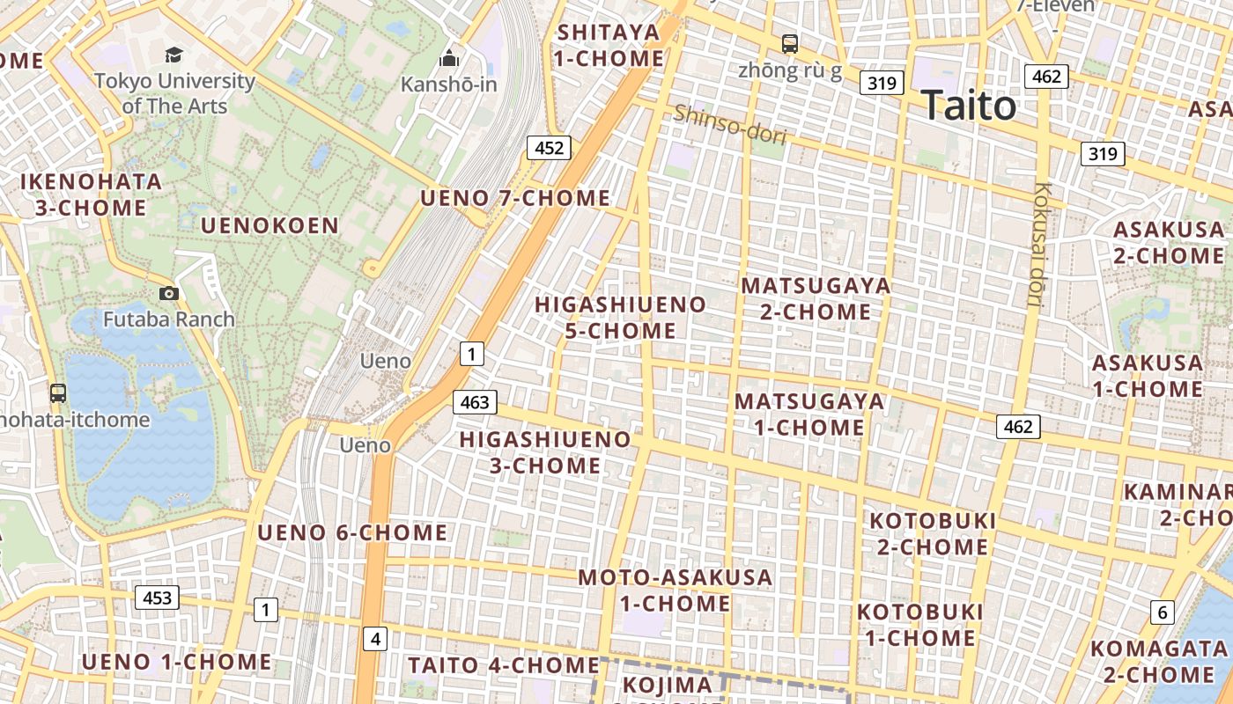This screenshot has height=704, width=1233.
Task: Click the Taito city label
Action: pyautogui.click(x=969, y=106)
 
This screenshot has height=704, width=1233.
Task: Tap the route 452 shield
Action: pyautogui.click(x=549, y=148)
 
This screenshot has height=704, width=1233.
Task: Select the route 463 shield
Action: pyautogui.click(x=475, y=402)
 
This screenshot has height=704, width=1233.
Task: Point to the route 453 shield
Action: pyautogui.click(x=158, y=598)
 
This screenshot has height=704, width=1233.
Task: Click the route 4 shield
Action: pyautogui.click(x=376, y=638)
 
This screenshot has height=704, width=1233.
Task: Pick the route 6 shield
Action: pyautogui.click(x=1163, y=612)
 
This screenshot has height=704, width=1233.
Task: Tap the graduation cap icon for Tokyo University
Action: pyautogui.click(x=174, y=55)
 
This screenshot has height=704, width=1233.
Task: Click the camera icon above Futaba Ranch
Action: pyautogui.click(x=169, y=293)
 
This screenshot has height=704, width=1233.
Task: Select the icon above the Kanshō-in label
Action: pyautogui.click(x=449, y=59)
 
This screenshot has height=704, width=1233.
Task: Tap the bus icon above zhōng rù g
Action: pyautogui.click(x=790, y=43)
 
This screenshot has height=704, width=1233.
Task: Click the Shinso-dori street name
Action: pyautogui.click(x=729, y=123)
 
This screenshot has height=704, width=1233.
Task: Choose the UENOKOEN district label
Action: pyautogui.click(x=269, y=225)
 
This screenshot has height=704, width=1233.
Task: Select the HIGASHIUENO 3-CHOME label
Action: pyautogui.click(x=546, y=451)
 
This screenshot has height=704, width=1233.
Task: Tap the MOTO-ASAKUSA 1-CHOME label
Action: pyautogui.click(x=676, y=590)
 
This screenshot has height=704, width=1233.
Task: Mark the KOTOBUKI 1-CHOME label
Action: pyautogui.click(x=919, y=624)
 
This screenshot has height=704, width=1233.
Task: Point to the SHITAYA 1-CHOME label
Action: pyautogui.click(x=609, y=46)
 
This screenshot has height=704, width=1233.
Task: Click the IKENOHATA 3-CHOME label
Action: pyautogui.click(x=92, y=194)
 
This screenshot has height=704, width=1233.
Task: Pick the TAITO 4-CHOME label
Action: pyautogui.click(x=503, y=665)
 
